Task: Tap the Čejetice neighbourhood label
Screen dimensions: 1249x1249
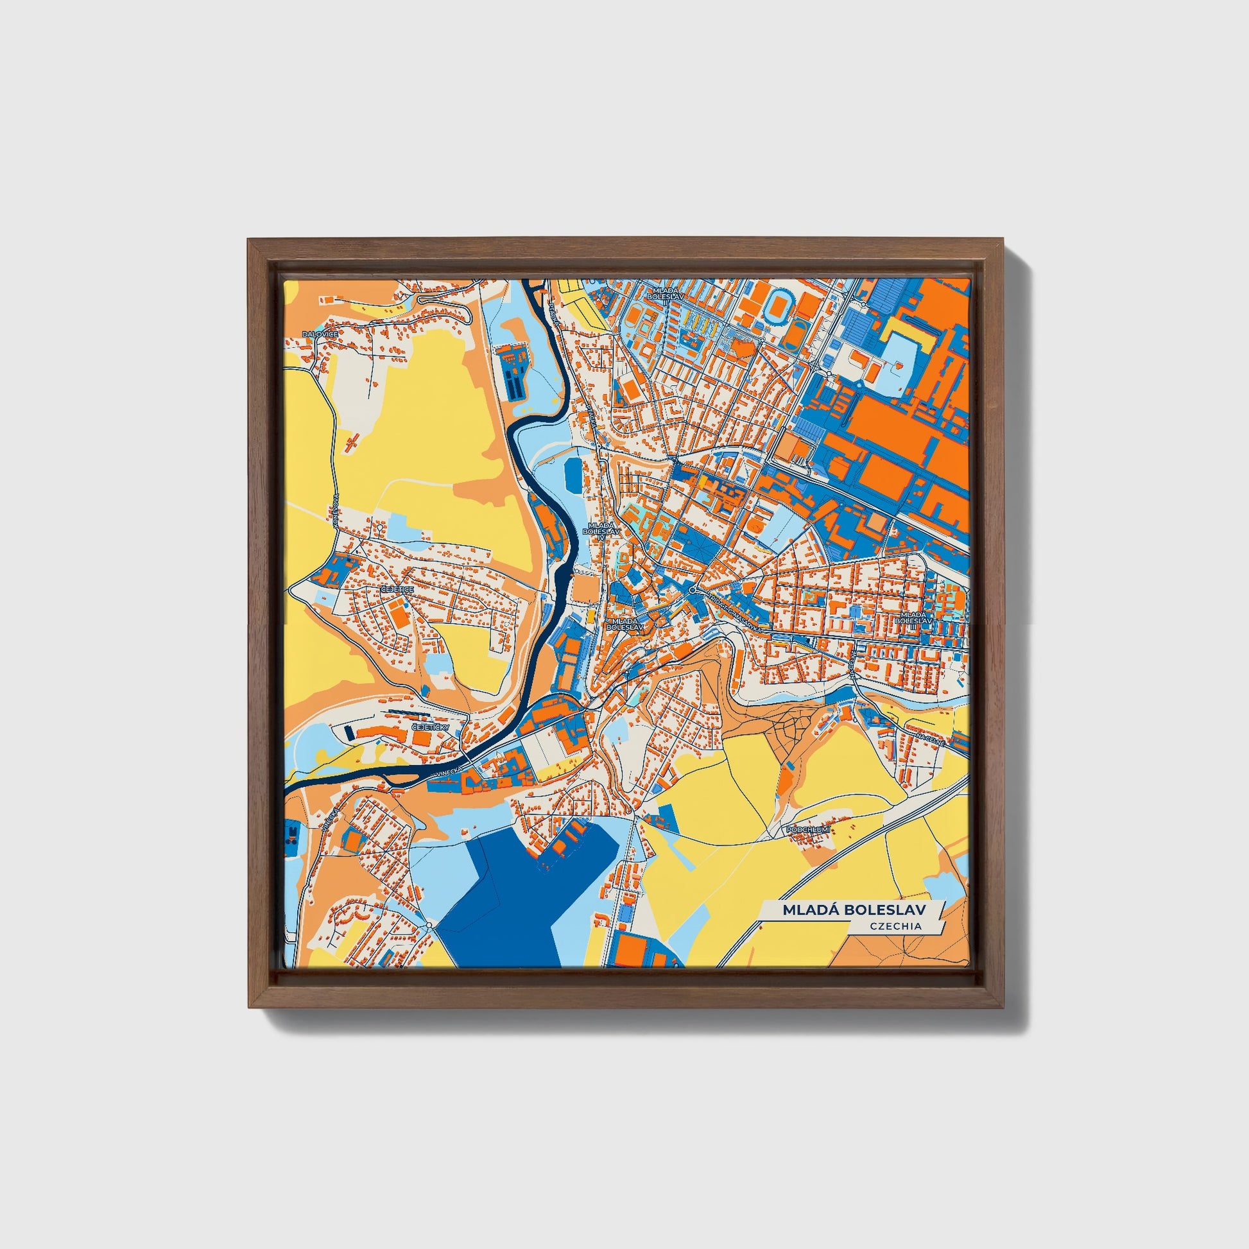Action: pos(397,590)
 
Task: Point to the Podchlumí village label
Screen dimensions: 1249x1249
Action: pos(807,828)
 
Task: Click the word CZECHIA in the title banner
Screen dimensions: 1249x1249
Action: pos(895,926)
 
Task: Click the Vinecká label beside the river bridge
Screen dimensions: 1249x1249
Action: pos(448,773)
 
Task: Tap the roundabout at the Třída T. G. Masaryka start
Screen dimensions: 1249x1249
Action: pos(693,591)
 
